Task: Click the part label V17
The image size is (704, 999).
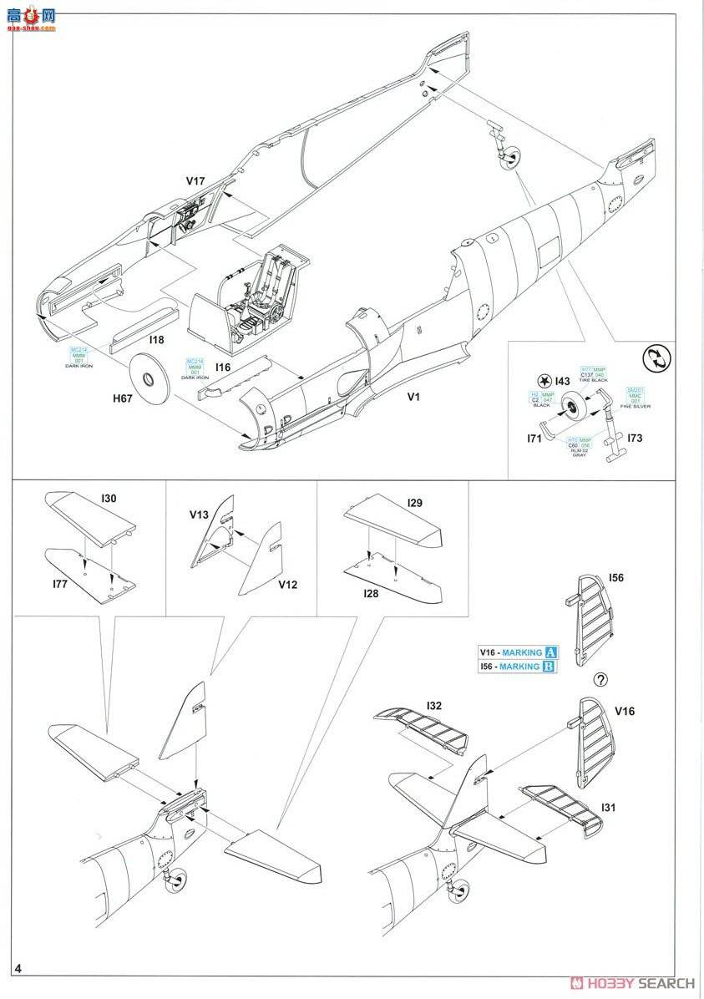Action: tap(195, 180)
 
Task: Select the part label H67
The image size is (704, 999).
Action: tap(124, 400)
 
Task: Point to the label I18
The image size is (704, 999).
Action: tap(156, 341)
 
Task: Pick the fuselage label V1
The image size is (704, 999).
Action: tap(413, 397)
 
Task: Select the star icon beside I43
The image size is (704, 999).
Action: tap(544, 381)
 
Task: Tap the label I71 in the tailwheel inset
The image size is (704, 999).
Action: tap(536, 437)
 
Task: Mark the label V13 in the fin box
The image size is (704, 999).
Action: tap(199, 515)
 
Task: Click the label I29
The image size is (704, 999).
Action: tap(415, 504)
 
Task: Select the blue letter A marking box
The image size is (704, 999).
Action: tap(550, 653)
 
